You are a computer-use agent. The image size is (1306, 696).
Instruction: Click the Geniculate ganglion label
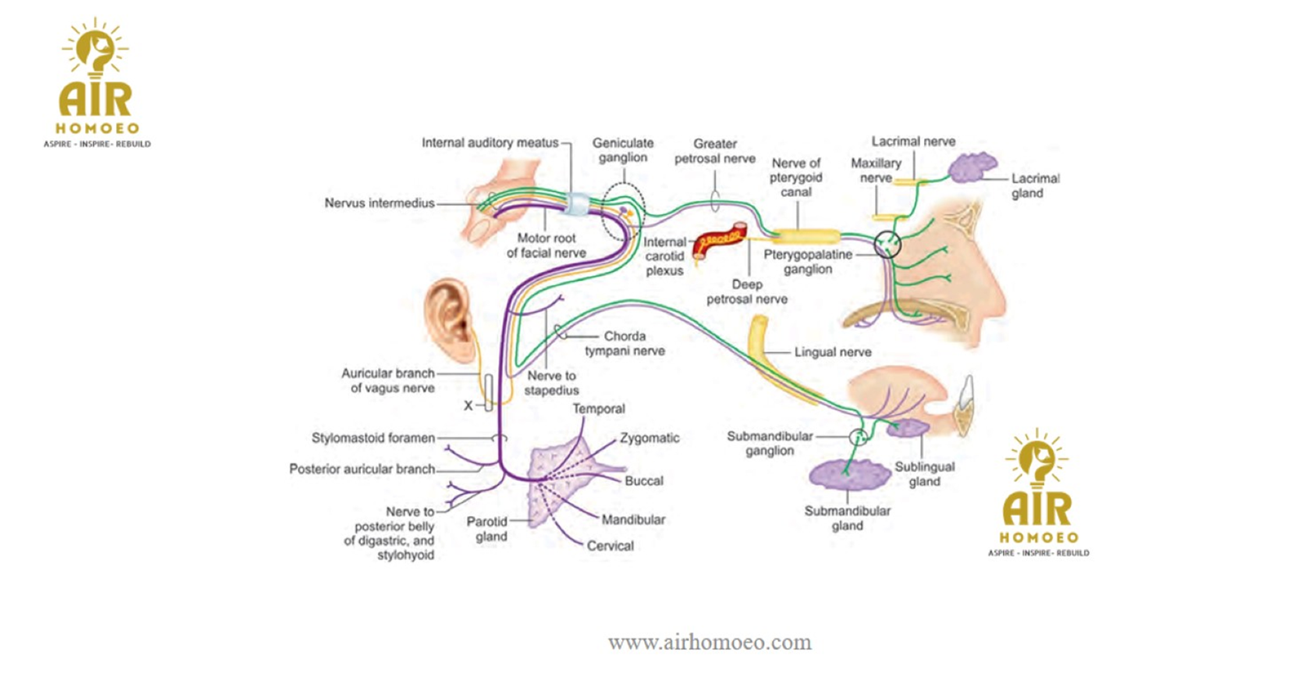623,150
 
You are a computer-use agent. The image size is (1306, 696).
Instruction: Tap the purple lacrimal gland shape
972,167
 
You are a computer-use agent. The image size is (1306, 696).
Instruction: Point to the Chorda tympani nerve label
624,343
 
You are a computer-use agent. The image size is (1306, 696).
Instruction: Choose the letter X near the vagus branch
469,405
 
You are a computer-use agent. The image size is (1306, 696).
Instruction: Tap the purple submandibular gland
849,474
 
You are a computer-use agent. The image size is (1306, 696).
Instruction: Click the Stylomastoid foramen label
373,438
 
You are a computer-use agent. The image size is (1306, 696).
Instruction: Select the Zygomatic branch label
649,438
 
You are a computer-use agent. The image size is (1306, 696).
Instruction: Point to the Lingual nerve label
833,352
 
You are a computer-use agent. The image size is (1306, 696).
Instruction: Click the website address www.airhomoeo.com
709,642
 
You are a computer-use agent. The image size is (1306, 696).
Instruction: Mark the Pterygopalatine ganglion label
808,261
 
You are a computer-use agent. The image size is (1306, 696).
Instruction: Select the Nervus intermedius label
380,203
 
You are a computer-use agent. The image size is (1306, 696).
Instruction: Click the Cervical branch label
610,546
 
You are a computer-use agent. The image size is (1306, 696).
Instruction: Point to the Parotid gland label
487,529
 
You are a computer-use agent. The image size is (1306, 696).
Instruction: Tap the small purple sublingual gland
907,427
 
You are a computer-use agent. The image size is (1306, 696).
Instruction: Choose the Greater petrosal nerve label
715,151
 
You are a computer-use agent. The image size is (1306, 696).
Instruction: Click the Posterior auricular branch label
362,469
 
